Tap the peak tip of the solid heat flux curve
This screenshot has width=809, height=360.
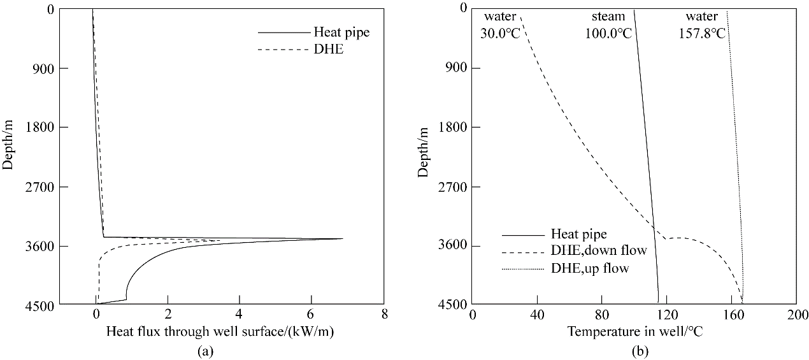click(343, 238)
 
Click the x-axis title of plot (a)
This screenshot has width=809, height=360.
click(220, 331)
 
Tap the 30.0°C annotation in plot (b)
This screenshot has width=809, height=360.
click(500, 33)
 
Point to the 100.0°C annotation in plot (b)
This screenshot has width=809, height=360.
click(608, 33)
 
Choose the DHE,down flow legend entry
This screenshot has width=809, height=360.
click(598, 251)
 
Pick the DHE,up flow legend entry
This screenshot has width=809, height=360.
click(590, 268)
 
